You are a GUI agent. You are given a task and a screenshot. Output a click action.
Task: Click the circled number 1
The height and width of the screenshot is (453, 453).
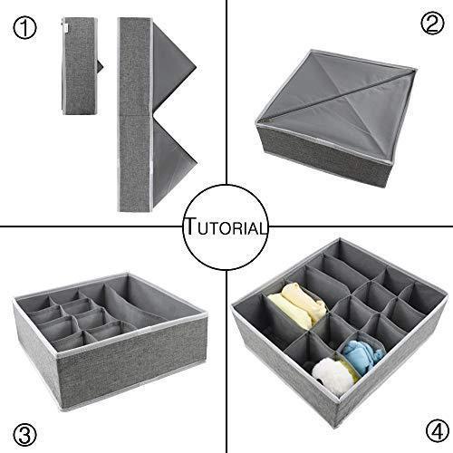[x=24, y=28]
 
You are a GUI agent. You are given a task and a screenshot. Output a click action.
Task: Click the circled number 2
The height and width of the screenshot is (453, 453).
[x=432, y=24]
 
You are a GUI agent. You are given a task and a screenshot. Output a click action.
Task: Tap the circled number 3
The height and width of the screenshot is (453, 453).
[x=25, y=435]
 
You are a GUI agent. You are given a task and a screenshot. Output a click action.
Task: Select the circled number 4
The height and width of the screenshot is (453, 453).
[x=438, y=431]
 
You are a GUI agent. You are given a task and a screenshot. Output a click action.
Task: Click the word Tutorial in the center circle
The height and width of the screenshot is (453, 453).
[x=226, y=226]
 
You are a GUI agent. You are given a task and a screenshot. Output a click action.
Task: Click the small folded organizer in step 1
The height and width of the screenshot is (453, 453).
[x=80, y=66]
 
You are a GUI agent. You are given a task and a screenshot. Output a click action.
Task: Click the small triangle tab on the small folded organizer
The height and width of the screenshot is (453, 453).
[x=100, y=64]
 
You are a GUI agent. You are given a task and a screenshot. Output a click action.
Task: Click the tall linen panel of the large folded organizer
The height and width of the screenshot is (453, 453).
[x=134, y=114]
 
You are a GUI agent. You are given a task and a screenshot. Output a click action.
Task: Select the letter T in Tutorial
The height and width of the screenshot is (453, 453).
[x=190, y=226]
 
